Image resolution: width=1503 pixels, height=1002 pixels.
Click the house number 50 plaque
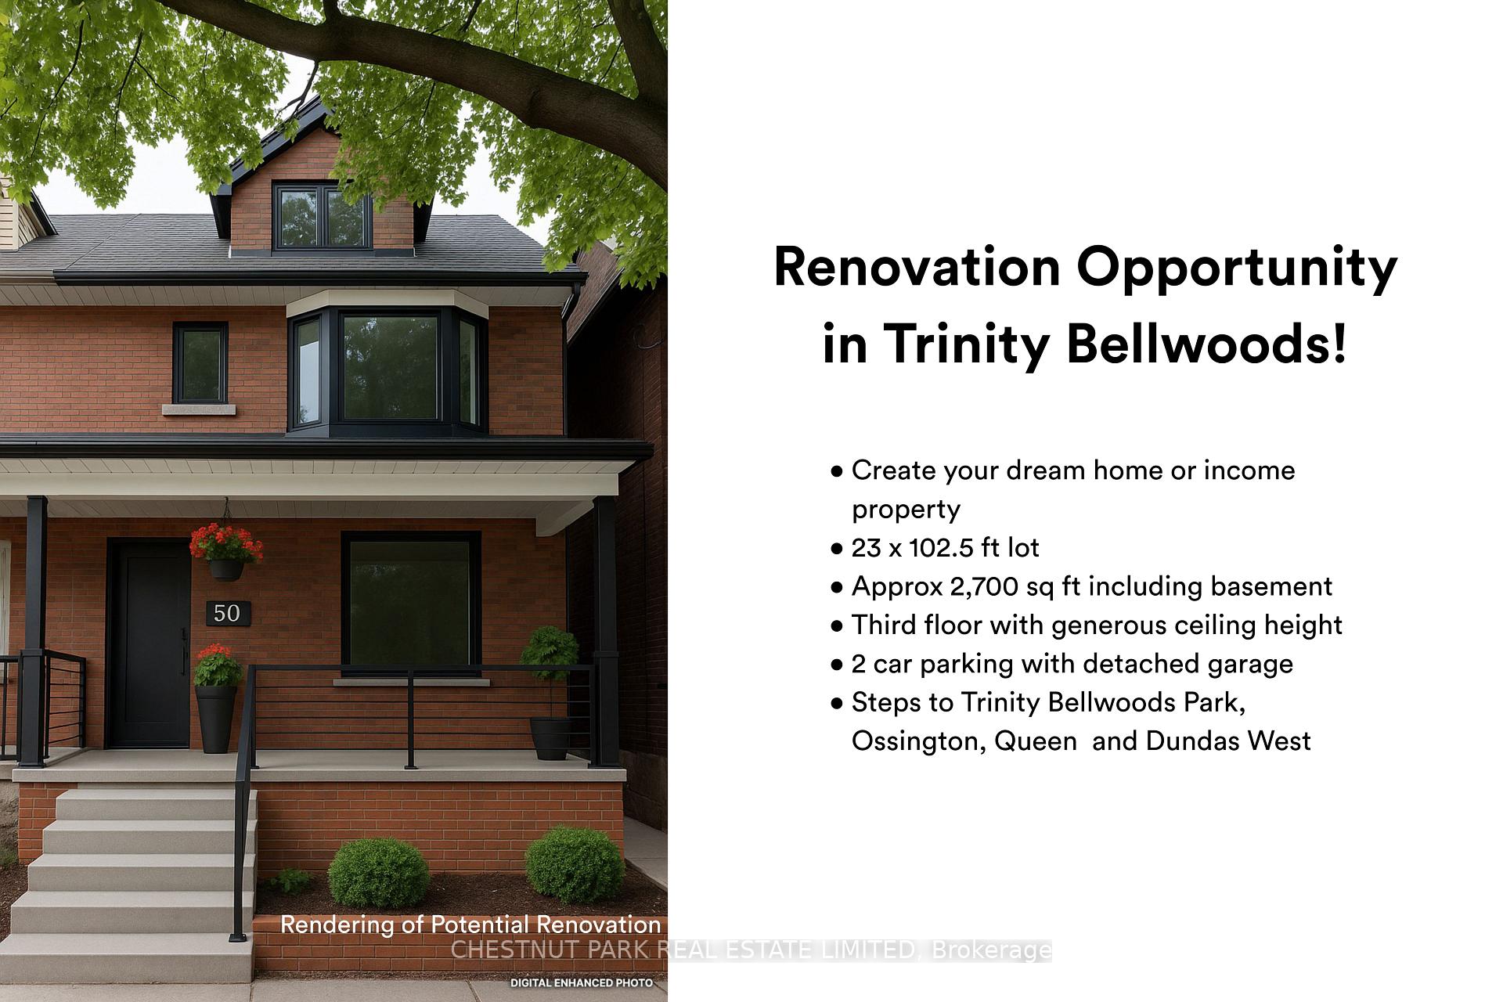[x=228, y=613]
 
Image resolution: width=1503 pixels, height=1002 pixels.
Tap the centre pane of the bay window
[x=390, y=367]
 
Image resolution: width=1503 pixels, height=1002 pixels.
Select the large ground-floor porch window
[x=410, y=603]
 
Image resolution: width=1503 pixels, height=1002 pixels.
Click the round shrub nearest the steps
[x=378, y=872]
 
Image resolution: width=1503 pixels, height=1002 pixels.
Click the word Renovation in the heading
[x=916, y=268]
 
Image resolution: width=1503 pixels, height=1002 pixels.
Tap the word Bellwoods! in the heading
[x=1206, y=344]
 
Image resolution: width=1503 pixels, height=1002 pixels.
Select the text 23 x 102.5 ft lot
[x=945, y=548]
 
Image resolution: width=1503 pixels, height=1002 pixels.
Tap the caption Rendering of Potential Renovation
[x=470, y=925]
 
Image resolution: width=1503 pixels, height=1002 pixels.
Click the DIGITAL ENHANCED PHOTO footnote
[x=581, y=982]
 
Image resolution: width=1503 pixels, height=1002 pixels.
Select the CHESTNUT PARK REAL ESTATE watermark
[x=751, y=950]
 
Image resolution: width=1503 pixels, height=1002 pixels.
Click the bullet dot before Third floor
[x=837, y=626]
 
